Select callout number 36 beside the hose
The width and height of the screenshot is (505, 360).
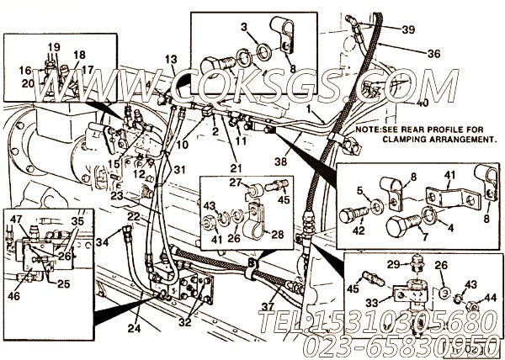click(x=433, y=53)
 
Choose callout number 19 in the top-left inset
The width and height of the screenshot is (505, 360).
click(x=53, y=47)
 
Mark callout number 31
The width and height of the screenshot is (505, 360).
click(x=179, y=169)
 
